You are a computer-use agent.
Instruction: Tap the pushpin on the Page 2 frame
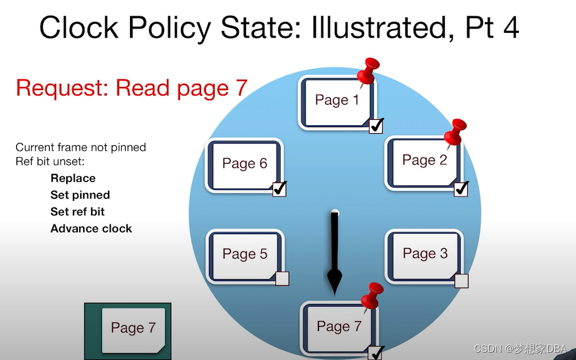point(454,132)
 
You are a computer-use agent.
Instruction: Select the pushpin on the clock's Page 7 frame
point(370,296)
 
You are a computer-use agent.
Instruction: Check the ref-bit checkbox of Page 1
point(376,126)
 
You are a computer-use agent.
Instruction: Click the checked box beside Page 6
point(279,189)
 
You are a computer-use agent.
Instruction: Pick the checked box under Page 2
point(461,189)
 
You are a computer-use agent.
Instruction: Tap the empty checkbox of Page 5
point(282,279)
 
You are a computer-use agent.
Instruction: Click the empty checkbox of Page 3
point(461,280)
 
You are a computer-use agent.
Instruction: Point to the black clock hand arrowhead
point(335,280)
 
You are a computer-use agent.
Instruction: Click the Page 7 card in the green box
point(133,328)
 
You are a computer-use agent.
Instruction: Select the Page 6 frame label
point(244,164)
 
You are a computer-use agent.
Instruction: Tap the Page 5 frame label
point(244,254)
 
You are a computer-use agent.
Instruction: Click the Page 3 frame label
point(425,254)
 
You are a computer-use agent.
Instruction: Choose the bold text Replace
point(73,178)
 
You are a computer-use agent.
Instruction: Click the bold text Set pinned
point(80,195)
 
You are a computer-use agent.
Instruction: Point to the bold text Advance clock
point(91,229)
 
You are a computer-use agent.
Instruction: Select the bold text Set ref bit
point(78,212)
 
